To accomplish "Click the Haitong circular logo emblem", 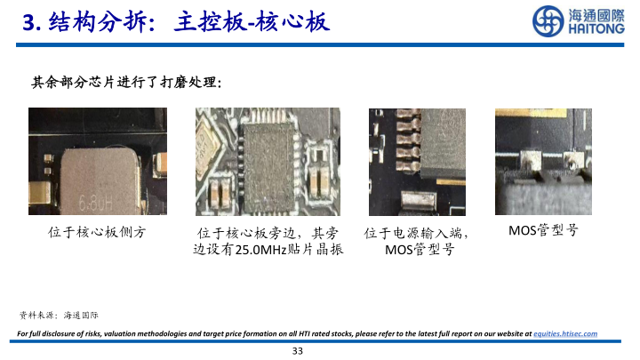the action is [548, 21].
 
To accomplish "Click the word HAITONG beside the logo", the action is [596, 29].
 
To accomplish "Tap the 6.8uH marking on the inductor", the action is [95, 203].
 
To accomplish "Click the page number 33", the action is [298, 351].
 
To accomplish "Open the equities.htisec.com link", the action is [565, 334].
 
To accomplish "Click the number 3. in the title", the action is [31, 22].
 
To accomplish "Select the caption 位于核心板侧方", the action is [97, 232].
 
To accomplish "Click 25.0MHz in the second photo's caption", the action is [260, 250].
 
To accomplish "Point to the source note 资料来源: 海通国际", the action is [59, 315].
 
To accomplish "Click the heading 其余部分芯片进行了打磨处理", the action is [126, 83].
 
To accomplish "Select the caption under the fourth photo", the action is [543, 230].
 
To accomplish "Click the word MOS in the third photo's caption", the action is [399, 250].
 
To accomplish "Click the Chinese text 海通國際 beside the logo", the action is [596, 15].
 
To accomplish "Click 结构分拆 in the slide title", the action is [97, 22].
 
